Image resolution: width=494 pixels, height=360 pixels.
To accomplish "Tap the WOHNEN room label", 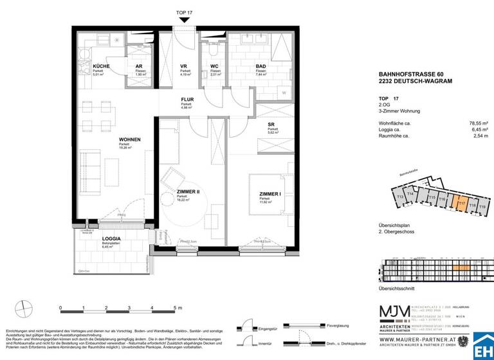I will [130, 139].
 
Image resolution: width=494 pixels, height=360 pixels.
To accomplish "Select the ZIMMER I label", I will [270, 194].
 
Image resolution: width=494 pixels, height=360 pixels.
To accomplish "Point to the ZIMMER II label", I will [187, 192].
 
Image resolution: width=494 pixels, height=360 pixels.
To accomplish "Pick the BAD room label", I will [261, 67].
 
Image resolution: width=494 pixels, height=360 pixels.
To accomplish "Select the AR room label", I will [138, 67].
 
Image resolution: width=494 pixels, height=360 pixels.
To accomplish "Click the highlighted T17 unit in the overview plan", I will [461, 204].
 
